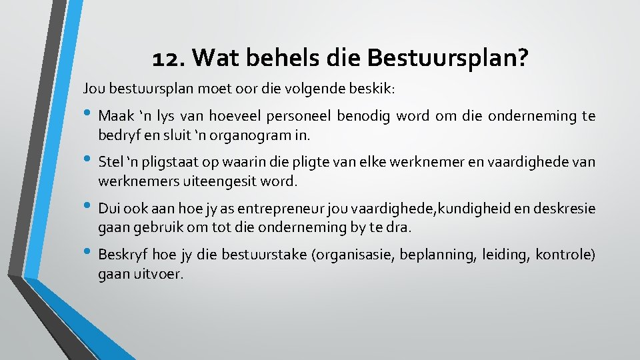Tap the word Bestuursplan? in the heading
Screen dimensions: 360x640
tap(446, 59)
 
